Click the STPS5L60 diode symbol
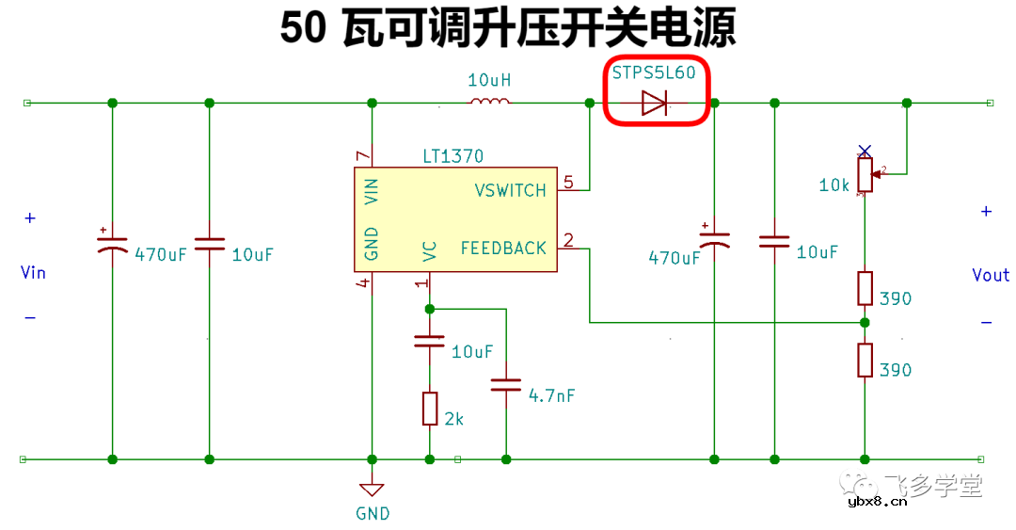coord(655,103)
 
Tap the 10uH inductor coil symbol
coord(489,102)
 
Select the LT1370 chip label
coord(453,156)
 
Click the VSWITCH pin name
coord(510,190)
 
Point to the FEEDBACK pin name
coord(503,249)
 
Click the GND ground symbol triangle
coord(373,490)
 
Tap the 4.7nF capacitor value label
coord(551,395)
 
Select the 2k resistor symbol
coord(430,409)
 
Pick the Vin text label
coord(33,273)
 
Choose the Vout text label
coord(991,275)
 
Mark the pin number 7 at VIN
coord(358,155)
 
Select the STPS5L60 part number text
coord(654,73)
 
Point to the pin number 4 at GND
coord(363,283)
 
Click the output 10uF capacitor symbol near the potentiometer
coord(774,242)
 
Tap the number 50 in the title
coord(303,29)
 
